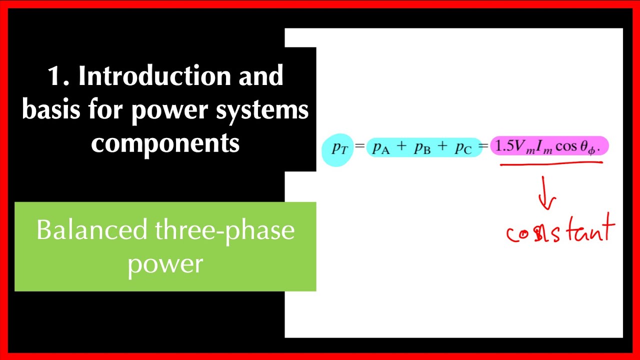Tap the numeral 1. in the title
pos(57,76)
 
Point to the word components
pos(165,143)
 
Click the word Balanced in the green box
pos(91,230)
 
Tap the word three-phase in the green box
pos(225,230)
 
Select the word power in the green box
pos(165,263)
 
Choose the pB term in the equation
pos(422,148)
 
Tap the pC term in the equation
pos(463,148)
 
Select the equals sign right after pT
pos(359,147)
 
